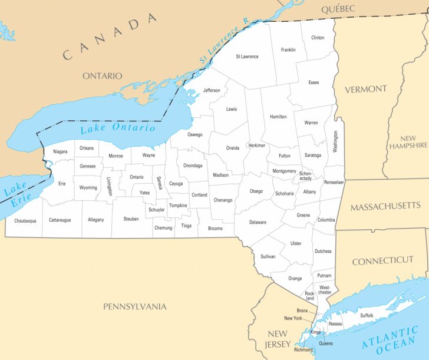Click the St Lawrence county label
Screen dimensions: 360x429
pos(247,57)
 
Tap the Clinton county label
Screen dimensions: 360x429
pos(318,38)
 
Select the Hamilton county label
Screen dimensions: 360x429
pos(278,117)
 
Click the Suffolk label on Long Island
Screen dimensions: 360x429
pos(367,316)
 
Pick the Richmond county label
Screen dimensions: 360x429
pos(303,350)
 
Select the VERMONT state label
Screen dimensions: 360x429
pos(365,89)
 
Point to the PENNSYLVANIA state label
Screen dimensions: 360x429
pos(135,306)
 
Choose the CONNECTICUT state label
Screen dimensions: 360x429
pos(382,260)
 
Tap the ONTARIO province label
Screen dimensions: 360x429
pos(102,75)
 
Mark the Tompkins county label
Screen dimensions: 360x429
pos(178,206)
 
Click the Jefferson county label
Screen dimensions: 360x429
pos(212,90)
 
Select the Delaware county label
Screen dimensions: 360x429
pos(258,222)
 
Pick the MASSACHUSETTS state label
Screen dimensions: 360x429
pos(385,206)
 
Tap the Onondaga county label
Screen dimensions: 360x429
pos(193,166)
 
